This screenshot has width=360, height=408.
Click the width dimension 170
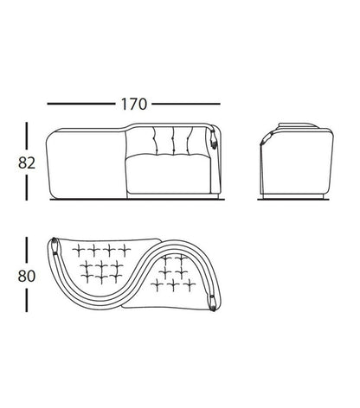pyautogui.click(x=134, y=104)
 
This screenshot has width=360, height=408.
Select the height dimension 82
pyautogui.click(x=27, y=163)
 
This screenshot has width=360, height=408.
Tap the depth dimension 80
pyautogui.click(x=27, y=276)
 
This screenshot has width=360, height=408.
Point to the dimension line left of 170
pyautogui.click(x=81, y=104)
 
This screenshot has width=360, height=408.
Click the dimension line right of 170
pyautogui.click(x=186, y=104)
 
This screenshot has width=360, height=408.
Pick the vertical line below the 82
pyautogui.click(x=27, y=188)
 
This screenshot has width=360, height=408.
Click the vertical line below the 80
pyautogui.click(x=27, y=301)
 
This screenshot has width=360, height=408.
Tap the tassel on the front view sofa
pyautogui.click(x=213, y=137)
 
